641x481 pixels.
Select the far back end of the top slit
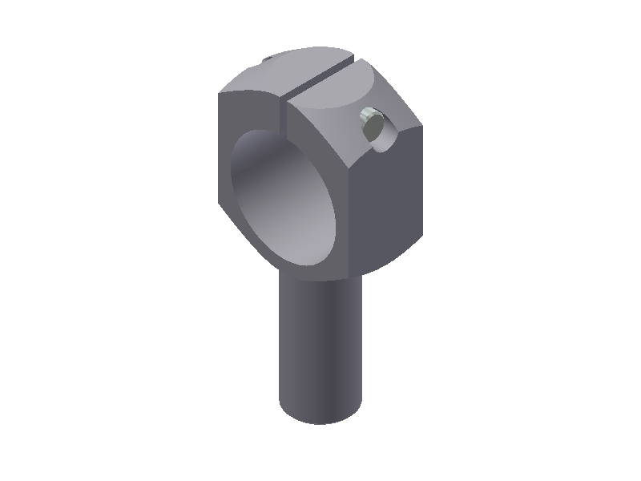(x=353, y=59)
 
